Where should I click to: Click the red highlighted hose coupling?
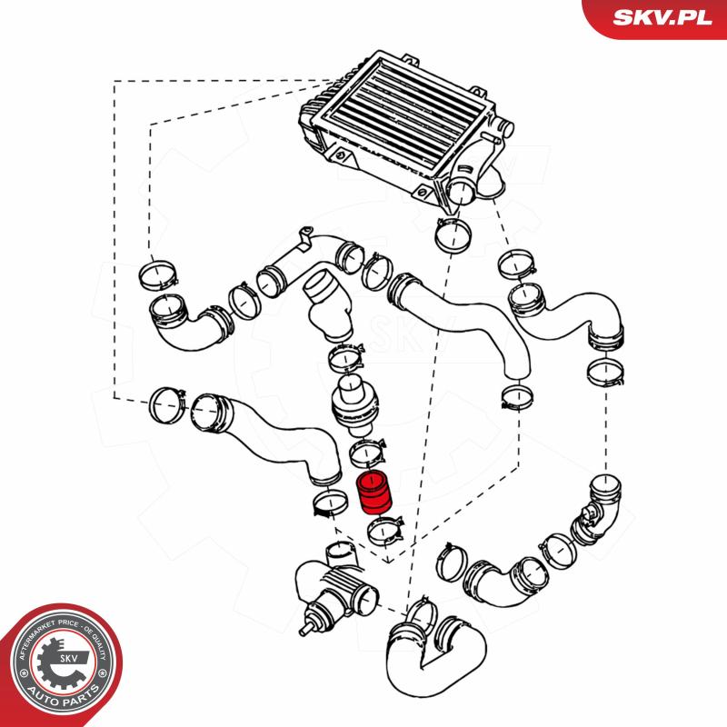(x=373, y=493)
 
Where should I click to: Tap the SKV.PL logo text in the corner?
(x=662, y=17)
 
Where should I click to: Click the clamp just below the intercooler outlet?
(x=453, y=235)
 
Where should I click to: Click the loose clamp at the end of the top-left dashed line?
(x=158, y=275)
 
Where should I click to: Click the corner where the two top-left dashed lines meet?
(x=115, y=81)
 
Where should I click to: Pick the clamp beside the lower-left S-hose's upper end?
(x=168, y=405)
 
